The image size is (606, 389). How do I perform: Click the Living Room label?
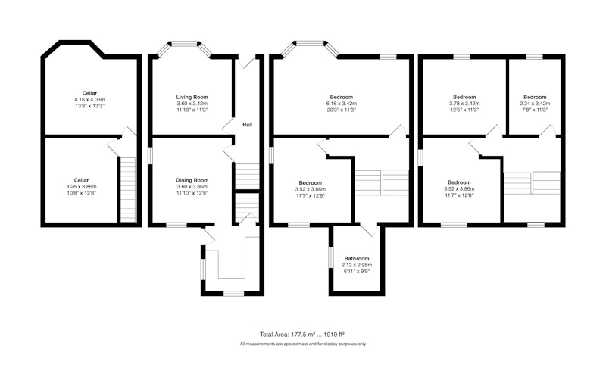(192, 97)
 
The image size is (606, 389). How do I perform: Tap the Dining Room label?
(192, 180)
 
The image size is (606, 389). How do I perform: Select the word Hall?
(248, 124)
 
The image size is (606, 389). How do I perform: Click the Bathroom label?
(357, 258)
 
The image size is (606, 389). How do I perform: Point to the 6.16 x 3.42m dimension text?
(342, 104)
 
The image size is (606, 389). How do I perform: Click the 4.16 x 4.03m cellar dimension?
(89, 100)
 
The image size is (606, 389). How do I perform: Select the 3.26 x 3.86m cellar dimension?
(81, 187)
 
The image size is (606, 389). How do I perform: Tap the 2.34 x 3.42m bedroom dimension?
(535, 104)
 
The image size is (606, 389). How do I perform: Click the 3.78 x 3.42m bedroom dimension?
(464, 104)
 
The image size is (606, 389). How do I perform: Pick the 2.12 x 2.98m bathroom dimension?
(357, 265)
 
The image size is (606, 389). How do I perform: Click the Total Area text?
(301, 335)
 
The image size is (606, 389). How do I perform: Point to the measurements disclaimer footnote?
(302, 344)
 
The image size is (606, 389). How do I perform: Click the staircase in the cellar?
(128, 189)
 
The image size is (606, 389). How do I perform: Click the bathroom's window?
(331, 257)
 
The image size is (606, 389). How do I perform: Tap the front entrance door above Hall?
(247, 62)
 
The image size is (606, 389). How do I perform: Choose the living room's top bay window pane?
(184, 44)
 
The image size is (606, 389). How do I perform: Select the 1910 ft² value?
(333, 335)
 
